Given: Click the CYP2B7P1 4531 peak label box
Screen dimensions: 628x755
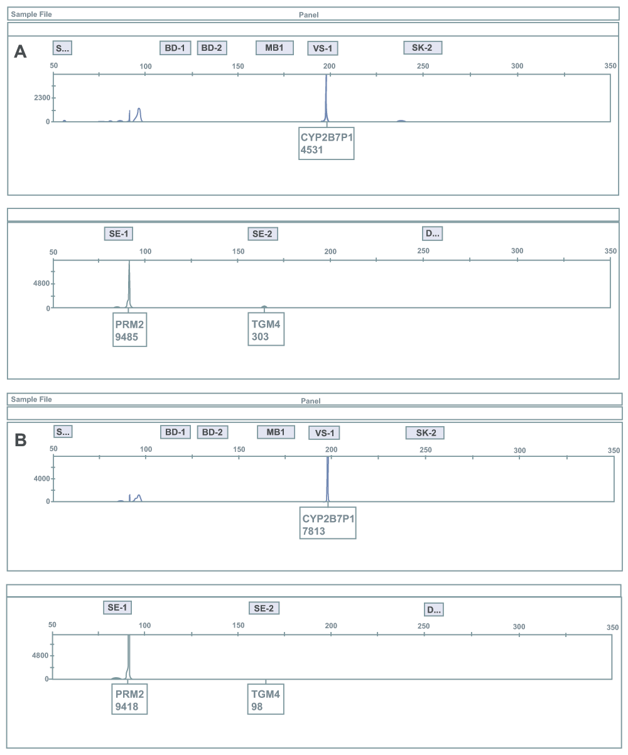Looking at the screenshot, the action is pyautogui.click(x=327, y=144).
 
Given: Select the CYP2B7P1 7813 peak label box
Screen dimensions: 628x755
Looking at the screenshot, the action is pyautogui.click(x=328, y=523).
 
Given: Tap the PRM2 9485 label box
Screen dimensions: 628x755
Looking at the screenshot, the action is pyautogui.click(x=130, y=329).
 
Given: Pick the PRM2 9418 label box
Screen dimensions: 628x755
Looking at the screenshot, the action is pyautogui.click(x=129, y=699).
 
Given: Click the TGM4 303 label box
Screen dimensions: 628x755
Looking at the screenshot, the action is pyautogui.click(x=266, y=329).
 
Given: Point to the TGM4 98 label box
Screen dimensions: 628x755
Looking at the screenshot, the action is pyautogui.click(x=266, y=699).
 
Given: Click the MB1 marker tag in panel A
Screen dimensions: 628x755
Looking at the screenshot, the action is pyautogui.click(x=274, y=48).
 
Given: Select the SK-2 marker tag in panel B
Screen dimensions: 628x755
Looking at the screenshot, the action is pyautogui.click(x=425, y=433).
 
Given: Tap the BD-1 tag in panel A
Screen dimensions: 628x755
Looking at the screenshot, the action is pyautogui.click(x=175, y=48).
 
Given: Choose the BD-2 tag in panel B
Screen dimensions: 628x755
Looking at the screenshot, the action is pyautogui.click(x=212, y=432).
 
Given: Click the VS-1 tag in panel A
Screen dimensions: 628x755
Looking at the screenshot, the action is pyautogui.click(x=323, y=48).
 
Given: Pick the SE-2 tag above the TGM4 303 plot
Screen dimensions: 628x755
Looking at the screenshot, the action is pyautogui.click(x=263, y=234).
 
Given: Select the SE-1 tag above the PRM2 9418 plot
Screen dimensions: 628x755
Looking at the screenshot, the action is pyautogui.click(x=117, y=608).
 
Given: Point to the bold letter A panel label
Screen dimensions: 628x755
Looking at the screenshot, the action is pyautogui.click(x=20, y=51).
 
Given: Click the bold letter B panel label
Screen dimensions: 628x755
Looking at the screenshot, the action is pyautogui.click(x=21, y=440).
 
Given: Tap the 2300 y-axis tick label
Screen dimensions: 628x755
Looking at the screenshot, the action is pyautogui.click(x=42, y=98).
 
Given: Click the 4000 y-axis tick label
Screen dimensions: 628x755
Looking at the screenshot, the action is pyautogui.click(x=41, y=479).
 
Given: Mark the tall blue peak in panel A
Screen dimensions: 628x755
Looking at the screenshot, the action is pyautogui.click(x=327, y=98).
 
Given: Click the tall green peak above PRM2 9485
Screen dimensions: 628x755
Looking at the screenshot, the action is pyautogui.click(x=129, y=284).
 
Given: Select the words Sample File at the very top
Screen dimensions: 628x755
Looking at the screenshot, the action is pyautogui.click(x=31, y=14).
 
